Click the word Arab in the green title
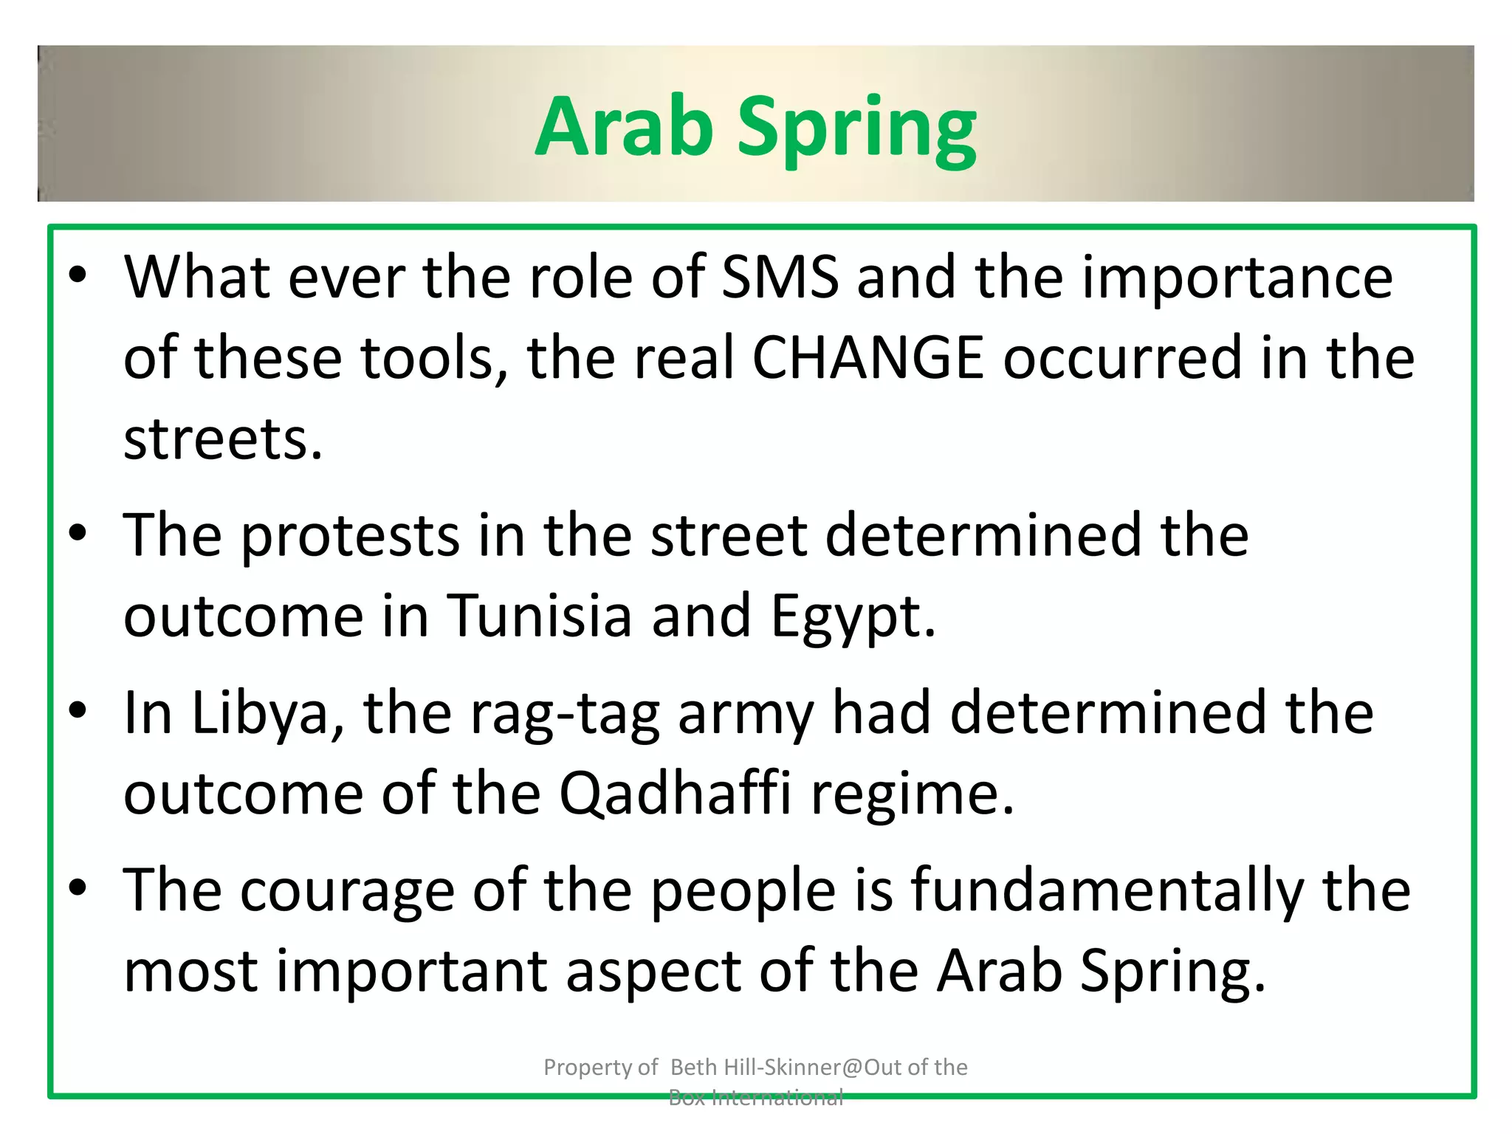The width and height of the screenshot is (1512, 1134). tap(624, 127)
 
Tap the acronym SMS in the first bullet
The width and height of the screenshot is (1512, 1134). tap(780, 278)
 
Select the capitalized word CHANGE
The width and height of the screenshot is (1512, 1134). tap(868, 358)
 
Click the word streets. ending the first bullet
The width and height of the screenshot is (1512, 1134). tap(223, 439)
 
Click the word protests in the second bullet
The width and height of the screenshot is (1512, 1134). tap(351, 537)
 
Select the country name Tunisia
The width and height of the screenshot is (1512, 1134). tap(540, 616)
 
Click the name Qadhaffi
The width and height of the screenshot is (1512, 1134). tap(675, 794)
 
